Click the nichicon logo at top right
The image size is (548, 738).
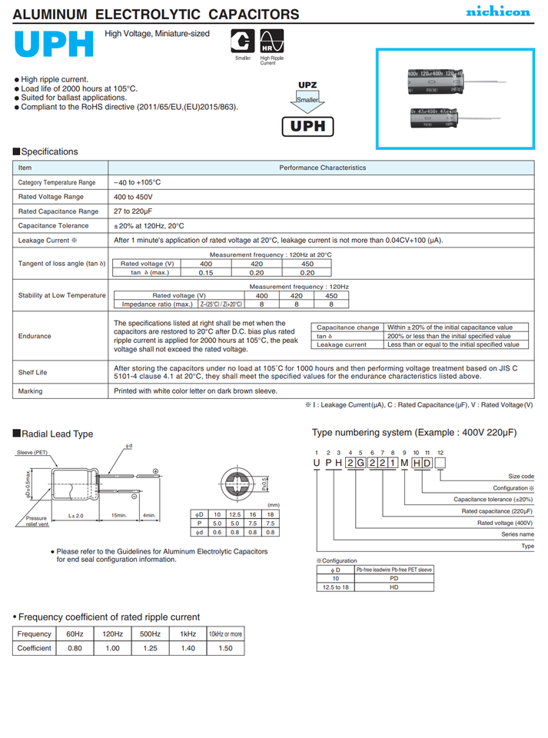pyautogui.click(x=498, y=12)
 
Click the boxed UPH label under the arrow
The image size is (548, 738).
pyautogui.click(x=307, y=127)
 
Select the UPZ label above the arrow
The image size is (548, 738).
pyautogui.click(x=307, y=85)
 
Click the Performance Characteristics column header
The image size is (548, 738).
pyautogui.click(x=322, y=168)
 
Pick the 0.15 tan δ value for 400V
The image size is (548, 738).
pyautogui.click(x=206, y=272)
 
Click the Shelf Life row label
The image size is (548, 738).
pyautogui.click(x=32, y=372)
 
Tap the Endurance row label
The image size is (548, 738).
pyautogui.click(x=35, y=336)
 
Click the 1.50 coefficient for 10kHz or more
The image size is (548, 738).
pyautogui.click(x=225, y=648)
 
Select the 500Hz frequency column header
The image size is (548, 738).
pyautogui.click(x=150, y=634)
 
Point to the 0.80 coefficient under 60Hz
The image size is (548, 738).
pyautogui.click(x=75, y=648)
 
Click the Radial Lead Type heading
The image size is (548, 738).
pyautogui.click(x=57, y=434)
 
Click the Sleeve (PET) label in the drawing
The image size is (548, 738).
pyautogui.click(x=32, y=453)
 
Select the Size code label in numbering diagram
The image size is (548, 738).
pyautogui.click(x=520, y=477)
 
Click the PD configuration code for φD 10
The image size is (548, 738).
pyautogui.click(x=394, y=578)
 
